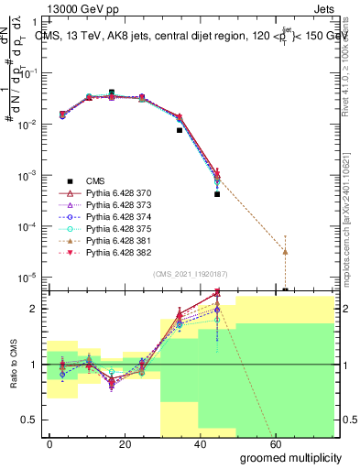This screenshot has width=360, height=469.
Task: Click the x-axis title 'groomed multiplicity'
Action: (x=290, y=457)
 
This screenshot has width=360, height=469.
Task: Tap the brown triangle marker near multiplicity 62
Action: (x=286, y=251)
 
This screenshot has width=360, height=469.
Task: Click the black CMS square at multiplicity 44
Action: (x=217, y=194)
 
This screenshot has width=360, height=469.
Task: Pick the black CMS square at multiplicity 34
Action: (x=180, y=130)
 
